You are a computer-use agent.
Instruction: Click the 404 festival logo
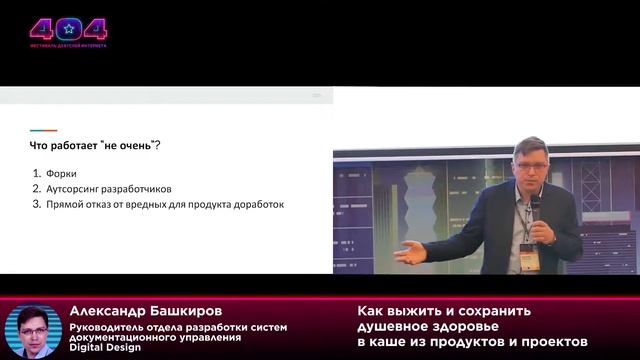point(68,30)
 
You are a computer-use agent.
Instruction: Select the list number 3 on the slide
point(35,204)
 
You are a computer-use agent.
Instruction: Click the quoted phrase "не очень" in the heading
point(127,146)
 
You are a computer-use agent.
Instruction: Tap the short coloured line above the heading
point(43,130)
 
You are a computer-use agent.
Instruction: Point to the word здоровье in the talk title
point(464,327)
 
